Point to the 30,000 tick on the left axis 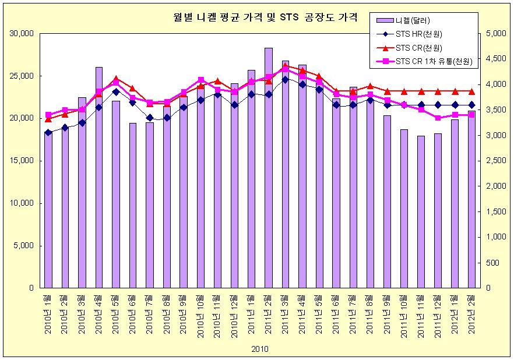pos(22,34)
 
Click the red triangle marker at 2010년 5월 pos(116,78)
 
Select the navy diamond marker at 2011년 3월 pos(285,79)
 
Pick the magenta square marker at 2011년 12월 pos(438,118)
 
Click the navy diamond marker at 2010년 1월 pos(48,133)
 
